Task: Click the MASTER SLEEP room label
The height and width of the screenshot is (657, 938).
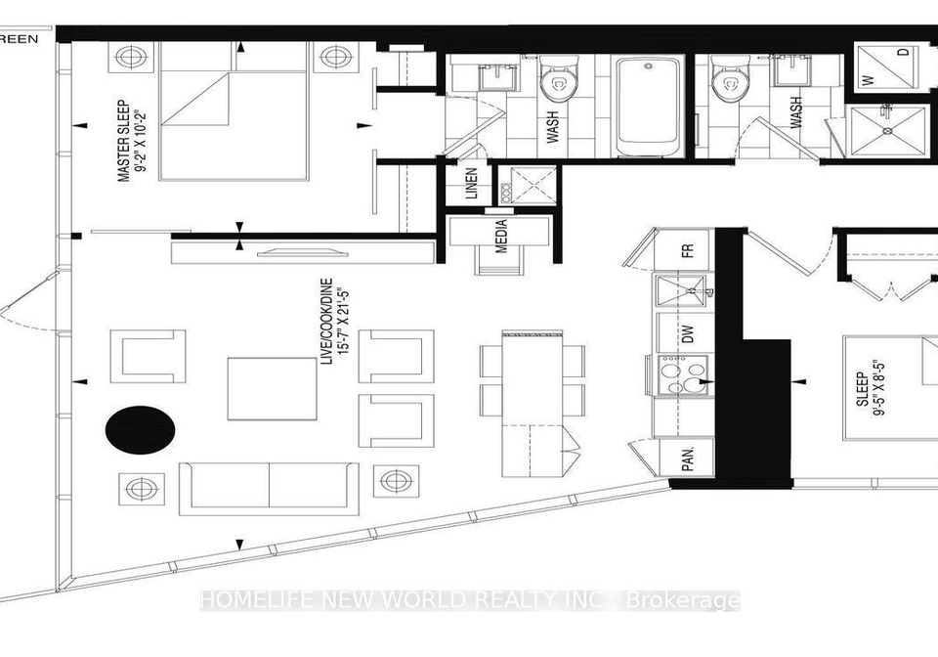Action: pos(124,141)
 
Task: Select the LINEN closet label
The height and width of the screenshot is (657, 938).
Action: pos(471,184)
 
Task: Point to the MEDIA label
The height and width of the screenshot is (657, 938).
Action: pos(502,236)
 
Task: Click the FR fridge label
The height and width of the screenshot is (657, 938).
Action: pos(688,250)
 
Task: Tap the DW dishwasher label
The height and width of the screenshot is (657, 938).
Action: pos(687,333)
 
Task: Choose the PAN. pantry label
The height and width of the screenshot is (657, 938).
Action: pos(688,458)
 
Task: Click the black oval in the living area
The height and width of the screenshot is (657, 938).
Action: pos(141,429)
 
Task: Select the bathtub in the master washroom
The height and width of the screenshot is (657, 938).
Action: pos(649,106)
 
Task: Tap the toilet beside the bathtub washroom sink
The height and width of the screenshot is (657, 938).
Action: pos(559,78)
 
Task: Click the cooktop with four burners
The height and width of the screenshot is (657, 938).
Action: pos(683,374)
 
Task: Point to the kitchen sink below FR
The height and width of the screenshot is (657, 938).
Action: pos(682,290)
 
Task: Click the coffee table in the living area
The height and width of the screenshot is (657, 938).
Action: pos(273,389)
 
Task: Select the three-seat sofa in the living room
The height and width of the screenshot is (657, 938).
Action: pos(270,488)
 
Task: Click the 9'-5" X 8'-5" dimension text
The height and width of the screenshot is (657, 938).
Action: pos(878,389)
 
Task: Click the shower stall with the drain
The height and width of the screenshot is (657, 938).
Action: pos(888,130)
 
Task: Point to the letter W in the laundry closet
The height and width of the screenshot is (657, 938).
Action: pos(870,79)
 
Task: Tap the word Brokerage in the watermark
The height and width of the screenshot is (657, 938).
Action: pos(683,600)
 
